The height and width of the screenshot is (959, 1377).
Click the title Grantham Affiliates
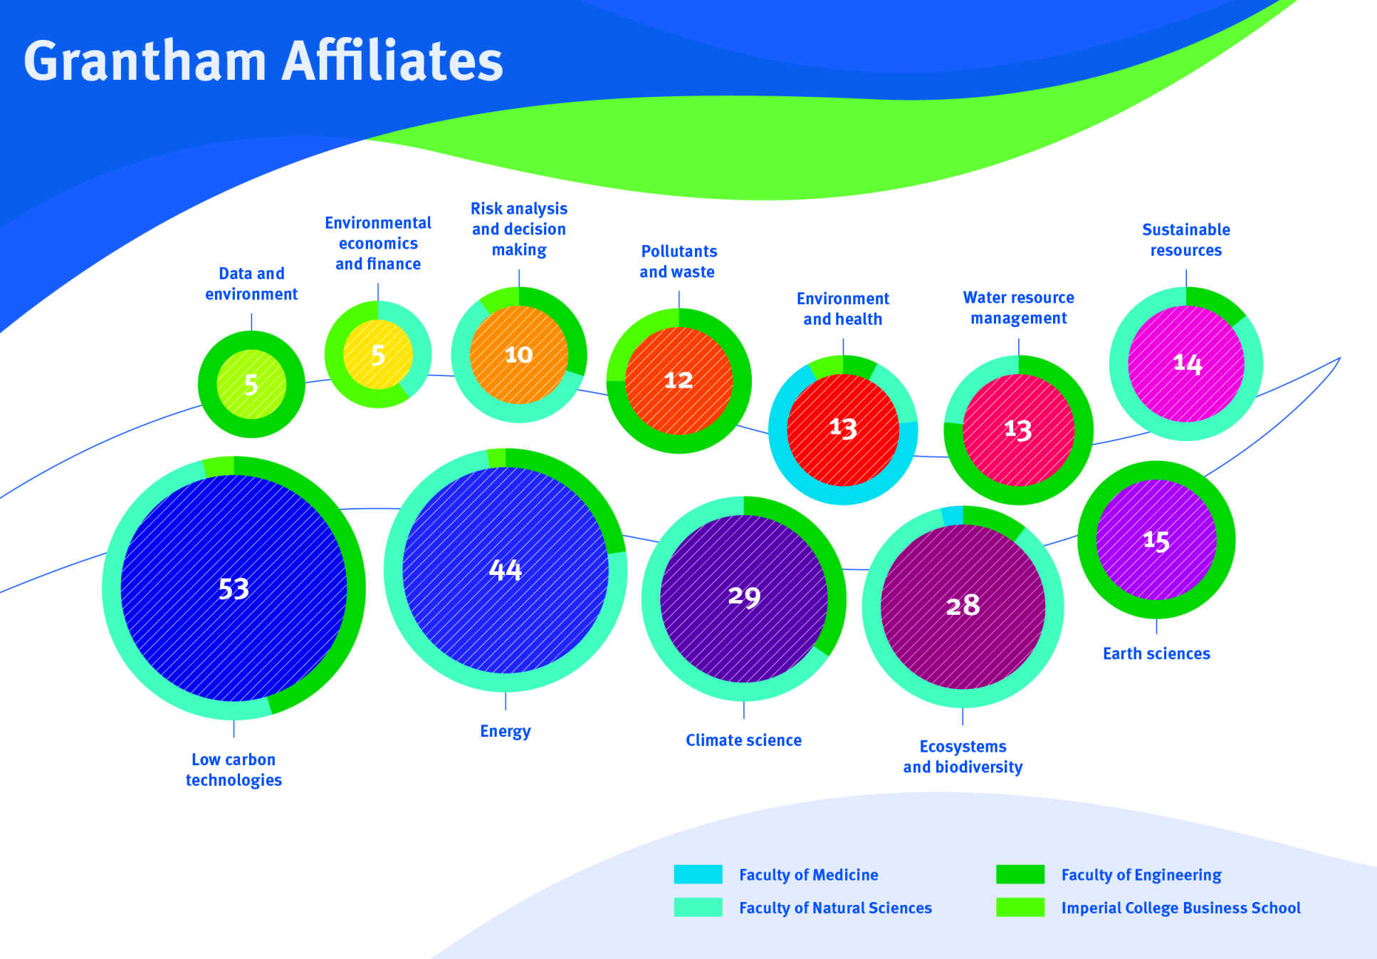263,61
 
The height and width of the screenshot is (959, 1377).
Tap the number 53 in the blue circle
234,589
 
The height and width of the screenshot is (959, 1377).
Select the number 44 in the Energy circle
506,570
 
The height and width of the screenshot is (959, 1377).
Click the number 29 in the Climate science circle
744,596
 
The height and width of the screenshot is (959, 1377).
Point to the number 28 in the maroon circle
963,606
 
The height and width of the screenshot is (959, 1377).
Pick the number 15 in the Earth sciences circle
1156,541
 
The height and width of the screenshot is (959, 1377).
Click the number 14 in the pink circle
1188,363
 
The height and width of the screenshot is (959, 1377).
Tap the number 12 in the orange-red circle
679,380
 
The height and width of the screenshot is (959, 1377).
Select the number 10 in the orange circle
518,354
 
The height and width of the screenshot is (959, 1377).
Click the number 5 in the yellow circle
378,355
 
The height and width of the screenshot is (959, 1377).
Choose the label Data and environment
251,284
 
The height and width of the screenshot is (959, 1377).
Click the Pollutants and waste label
678,261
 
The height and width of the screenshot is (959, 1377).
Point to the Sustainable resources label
1185,240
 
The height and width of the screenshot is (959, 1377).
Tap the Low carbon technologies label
234,769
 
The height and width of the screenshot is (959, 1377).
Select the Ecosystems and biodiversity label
963,757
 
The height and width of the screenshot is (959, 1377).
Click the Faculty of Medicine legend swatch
698,874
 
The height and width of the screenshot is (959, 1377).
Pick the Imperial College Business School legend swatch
1020,907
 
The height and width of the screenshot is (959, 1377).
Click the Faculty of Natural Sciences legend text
835,908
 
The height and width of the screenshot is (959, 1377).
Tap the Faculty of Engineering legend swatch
1020,874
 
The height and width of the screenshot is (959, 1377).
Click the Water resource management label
1018,308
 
